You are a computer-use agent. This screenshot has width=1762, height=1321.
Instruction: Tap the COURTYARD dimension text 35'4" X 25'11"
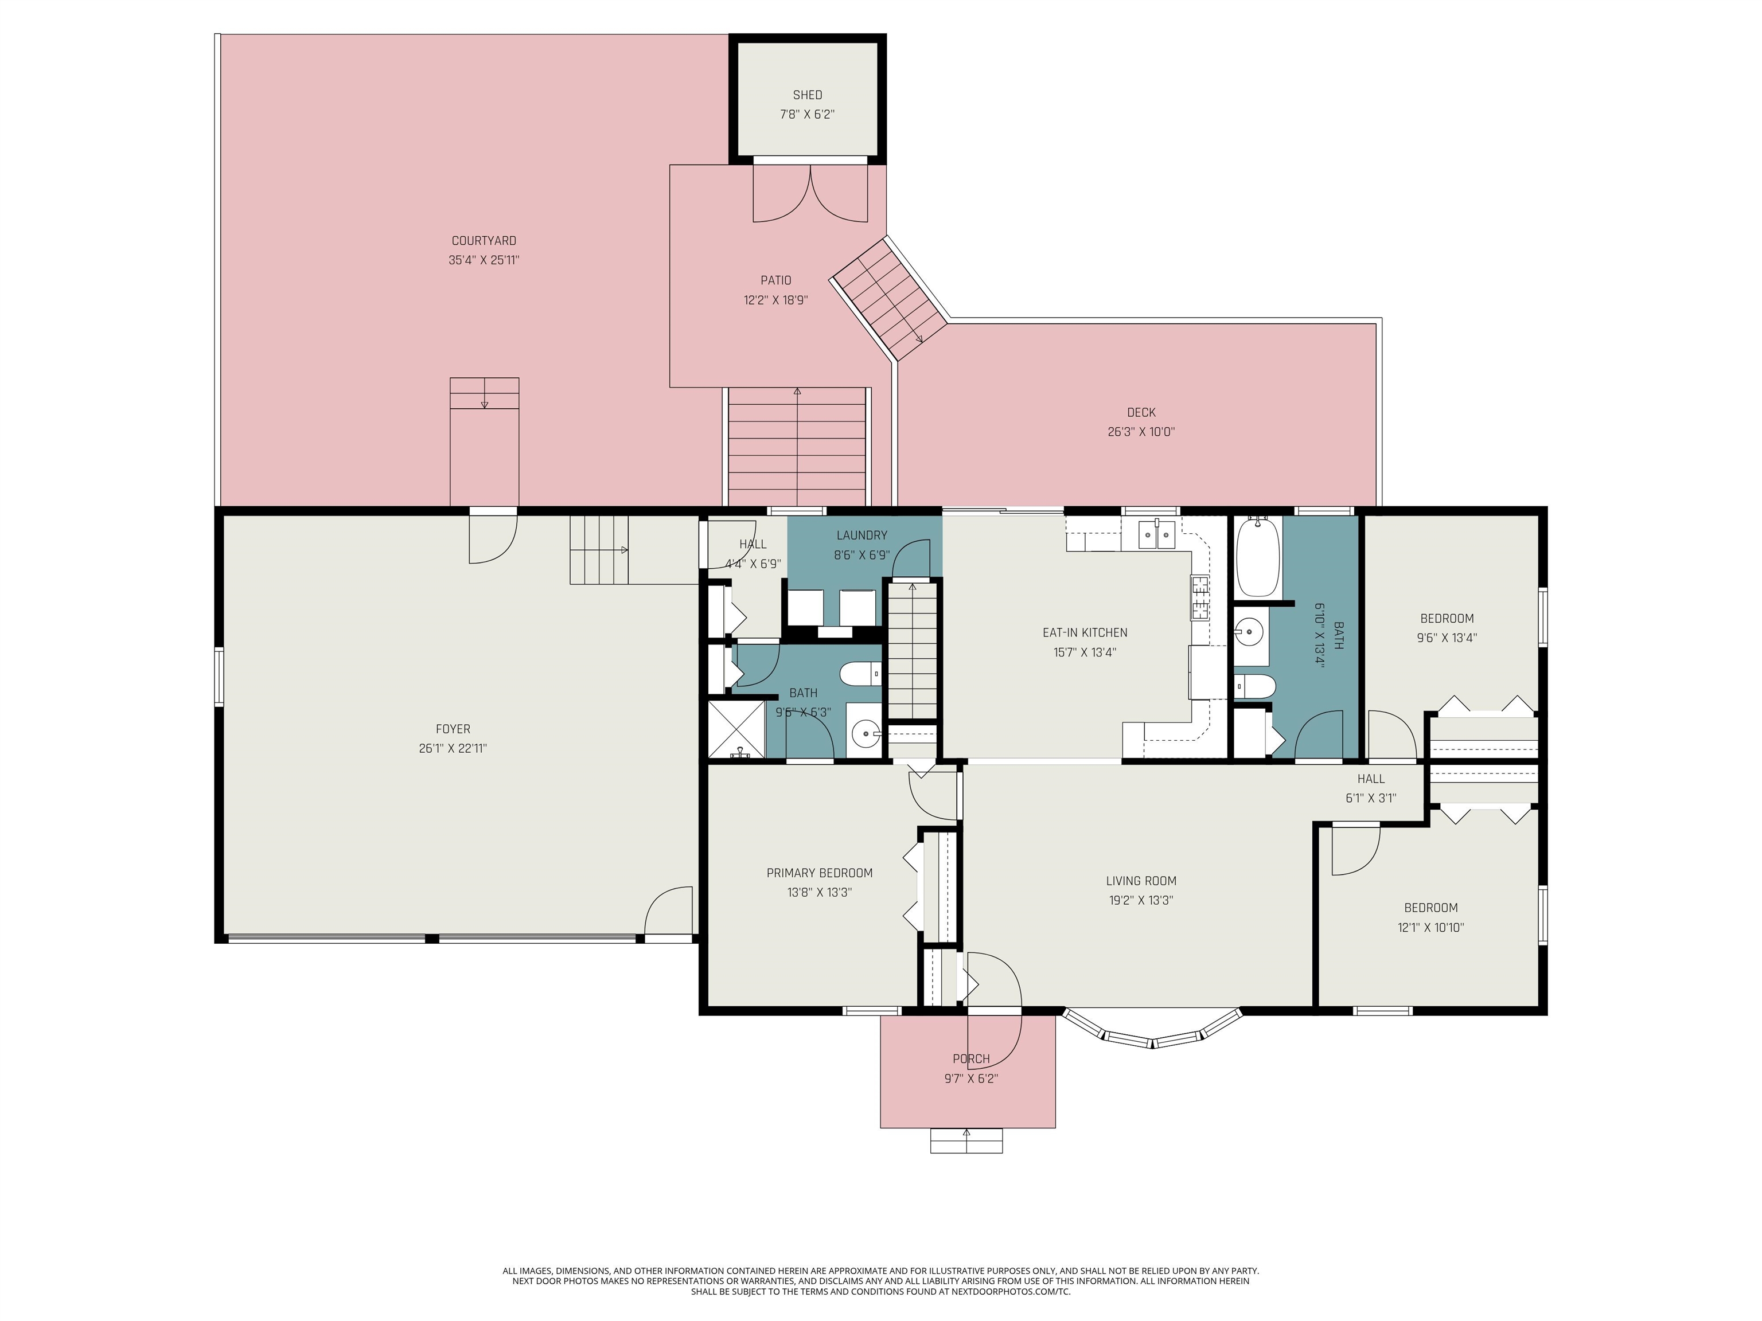pos(484,260)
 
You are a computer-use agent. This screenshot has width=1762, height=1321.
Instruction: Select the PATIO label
pos(776,280)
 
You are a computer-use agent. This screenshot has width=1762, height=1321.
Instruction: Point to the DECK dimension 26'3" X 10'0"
pos(1141,432)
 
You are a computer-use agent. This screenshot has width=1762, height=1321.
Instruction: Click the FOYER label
pos(453,729)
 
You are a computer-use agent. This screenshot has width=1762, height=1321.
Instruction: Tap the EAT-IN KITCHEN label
pos(1085,633)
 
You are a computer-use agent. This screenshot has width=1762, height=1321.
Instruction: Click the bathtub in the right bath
pos(1258,557)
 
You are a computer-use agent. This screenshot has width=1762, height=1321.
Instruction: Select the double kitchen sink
pos(1156,535)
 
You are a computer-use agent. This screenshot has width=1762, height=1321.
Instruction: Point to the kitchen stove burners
pos(1200,598)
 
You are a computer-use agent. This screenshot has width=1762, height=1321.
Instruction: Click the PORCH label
pos(971,1059)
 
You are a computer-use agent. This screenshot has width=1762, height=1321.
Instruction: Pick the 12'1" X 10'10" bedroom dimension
pos(1430,928)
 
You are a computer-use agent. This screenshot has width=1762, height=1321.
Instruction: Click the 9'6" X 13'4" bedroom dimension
pos(1447,638)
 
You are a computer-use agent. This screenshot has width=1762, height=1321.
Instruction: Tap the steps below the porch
pos(966,1141)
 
